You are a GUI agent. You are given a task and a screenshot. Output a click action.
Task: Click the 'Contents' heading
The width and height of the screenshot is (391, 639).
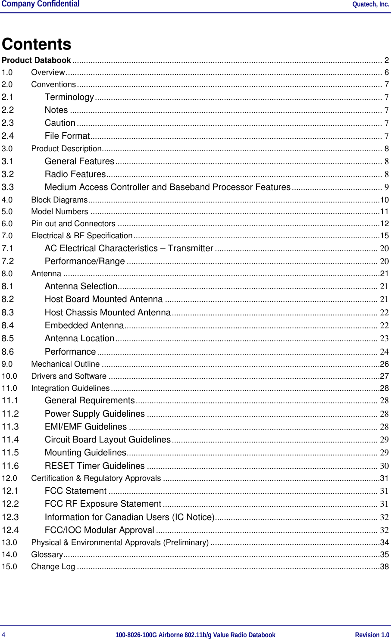37,44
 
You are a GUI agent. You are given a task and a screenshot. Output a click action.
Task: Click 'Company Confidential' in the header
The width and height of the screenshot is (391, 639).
41,4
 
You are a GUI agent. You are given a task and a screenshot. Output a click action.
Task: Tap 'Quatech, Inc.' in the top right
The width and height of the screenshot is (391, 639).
370,4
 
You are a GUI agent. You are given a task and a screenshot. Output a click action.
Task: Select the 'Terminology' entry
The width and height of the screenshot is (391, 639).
69,97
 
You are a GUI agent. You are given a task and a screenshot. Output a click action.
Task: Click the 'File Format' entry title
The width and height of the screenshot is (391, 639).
67,136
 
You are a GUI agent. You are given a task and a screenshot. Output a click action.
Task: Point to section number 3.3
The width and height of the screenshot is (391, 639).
8,187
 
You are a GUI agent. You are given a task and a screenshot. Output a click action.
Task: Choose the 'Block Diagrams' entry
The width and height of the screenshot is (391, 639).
59,200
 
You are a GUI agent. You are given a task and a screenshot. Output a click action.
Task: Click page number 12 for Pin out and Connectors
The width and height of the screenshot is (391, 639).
384,224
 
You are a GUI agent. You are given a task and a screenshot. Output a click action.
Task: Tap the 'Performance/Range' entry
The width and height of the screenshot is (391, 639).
84,262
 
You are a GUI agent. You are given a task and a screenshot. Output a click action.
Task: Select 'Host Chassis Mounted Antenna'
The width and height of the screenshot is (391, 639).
107,313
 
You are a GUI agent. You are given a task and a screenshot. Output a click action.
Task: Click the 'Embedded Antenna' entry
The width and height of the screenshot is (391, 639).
84,326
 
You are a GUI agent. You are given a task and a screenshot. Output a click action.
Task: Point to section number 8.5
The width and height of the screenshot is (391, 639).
8,339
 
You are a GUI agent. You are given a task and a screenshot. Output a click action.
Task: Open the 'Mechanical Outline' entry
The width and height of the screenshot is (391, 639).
66,365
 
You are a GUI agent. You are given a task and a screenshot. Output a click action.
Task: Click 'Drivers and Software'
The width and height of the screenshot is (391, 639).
69,377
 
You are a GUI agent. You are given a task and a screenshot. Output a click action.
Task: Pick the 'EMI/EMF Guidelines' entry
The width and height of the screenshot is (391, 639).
85,427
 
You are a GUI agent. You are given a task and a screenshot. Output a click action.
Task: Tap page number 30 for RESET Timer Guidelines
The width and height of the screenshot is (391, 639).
384,466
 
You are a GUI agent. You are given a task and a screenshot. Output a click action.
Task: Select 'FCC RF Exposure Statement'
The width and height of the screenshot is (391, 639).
103,504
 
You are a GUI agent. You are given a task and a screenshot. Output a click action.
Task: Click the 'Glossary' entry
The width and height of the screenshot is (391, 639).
47,555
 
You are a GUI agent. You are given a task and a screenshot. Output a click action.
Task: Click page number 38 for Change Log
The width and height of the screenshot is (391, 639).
384,567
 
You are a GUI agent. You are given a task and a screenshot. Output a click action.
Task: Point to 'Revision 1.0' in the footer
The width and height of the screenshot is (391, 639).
372,635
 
